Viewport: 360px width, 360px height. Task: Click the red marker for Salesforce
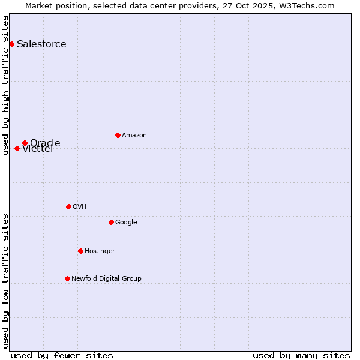click(11, 44)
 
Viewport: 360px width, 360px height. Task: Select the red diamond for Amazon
click(118, 135)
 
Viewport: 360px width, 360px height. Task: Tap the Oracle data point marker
click(25, 143)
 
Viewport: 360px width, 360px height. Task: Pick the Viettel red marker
click(17, 148)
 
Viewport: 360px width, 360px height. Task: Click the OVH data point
click(68, 206)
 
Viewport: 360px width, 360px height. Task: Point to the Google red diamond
click(111, 222)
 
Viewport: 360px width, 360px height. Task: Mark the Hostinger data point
click(80, 251)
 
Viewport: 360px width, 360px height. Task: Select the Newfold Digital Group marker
click(67, 278)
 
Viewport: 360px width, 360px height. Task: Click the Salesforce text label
click(41, 44)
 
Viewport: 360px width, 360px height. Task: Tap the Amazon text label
click(134, 135)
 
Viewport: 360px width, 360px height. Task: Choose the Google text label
click(126, 222)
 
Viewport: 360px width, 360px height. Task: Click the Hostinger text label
click(100, 251)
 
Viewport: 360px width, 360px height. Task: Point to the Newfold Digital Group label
click(106, 278)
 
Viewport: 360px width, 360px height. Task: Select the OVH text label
click(79, 206)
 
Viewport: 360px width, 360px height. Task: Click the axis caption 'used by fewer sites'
click(62, 355)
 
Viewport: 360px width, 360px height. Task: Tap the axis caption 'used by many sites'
click(301, 355)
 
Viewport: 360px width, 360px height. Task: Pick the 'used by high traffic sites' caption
click(5, 85)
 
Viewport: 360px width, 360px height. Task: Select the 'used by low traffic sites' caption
click(5, 281)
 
